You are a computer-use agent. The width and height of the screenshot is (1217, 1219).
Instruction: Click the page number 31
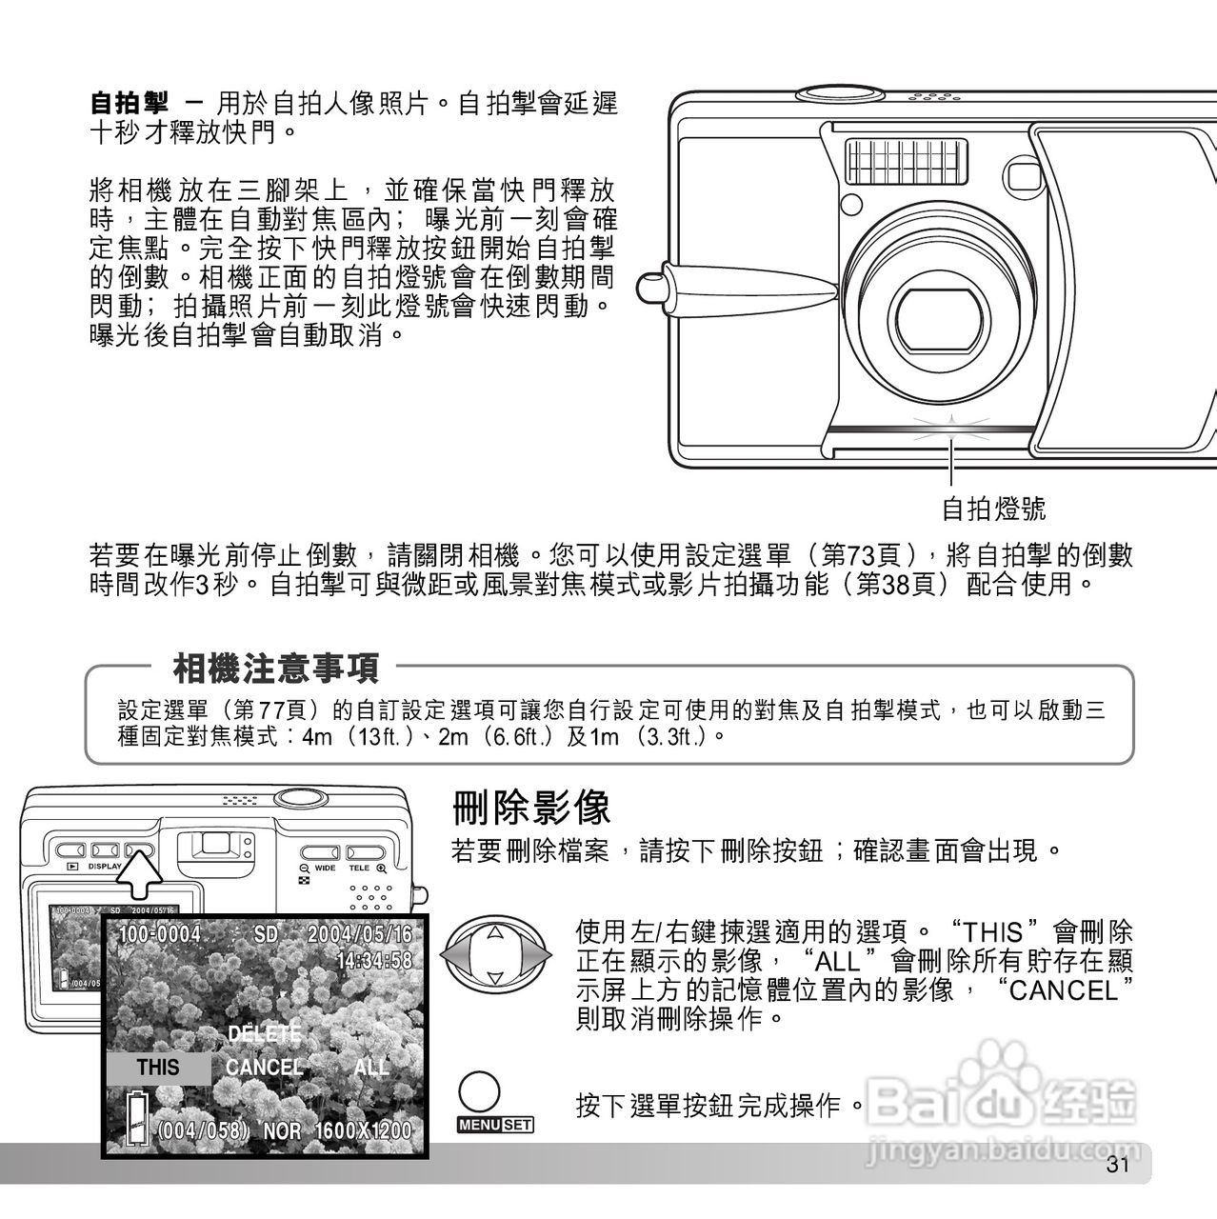pos(1116,1166)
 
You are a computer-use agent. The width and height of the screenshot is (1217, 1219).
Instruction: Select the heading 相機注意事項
pos(275,668)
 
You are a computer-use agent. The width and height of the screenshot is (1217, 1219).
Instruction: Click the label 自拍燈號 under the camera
pos(993,509)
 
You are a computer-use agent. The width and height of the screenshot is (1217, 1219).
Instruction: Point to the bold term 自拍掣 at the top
pos(129,102)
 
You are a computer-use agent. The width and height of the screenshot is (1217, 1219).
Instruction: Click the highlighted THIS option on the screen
pos(158,1067)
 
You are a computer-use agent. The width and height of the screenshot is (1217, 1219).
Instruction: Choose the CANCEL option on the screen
pos(264,1067)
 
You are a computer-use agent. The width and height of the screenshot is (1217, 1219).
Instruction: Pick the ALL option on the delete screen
pos(370,1067)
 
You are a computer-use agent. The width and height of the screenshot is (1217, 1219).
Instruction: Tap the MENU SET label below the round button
pos(496,1125)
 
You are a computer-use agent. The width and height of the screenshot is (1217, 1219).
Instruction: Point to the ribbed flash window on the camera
pos(907,161)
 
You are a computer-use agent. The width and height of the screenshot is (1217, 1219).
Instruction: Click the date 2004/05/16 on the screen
pos(360,934)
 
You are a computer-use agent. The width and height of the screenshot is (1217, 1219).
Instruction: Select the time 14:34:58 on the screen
pos(374,959)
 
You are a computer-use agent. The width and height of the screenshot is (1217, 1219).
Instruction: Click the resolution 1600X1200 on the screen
pos(363,1131)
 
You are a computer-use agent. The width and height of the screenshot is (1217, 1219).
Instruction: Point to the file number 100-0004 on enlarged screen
pos(159,934)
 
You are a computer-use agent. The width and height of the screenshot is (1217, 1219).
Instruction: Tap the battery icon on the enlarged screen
pos(138,1117)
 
